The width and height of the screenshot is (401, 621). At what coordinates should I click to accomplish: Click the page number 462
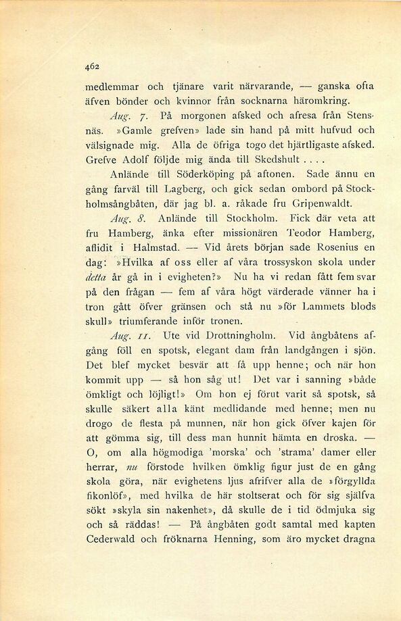pos(93,66)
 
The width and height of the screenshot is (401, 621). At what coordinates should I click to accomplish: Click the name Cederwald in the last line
pos(114,539)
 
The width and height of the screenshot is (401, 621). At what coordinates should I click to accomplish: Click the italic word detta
pos(98,277)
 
